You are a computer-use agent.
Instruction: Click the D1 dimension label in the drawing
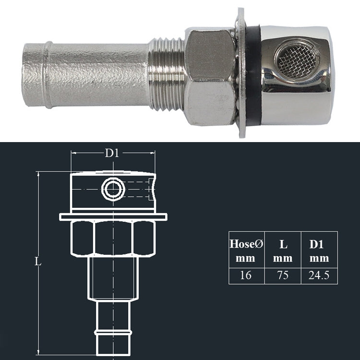[112, 154]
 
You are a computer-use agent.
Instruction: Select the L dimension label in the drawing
[38, 262]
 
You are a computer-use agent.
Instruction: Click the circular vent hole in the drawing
[113, 189]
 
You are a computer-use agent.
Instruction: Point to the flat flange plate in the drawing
[113, 217]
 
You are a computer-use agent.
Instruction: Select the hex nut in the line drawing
[113, 238]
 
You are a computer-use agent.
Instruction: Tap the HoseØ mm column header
[246, 251]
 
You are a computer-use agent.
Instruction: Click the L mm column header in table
[283, 251]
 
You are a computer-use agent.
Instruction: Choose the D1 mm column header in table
[319, 251]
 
